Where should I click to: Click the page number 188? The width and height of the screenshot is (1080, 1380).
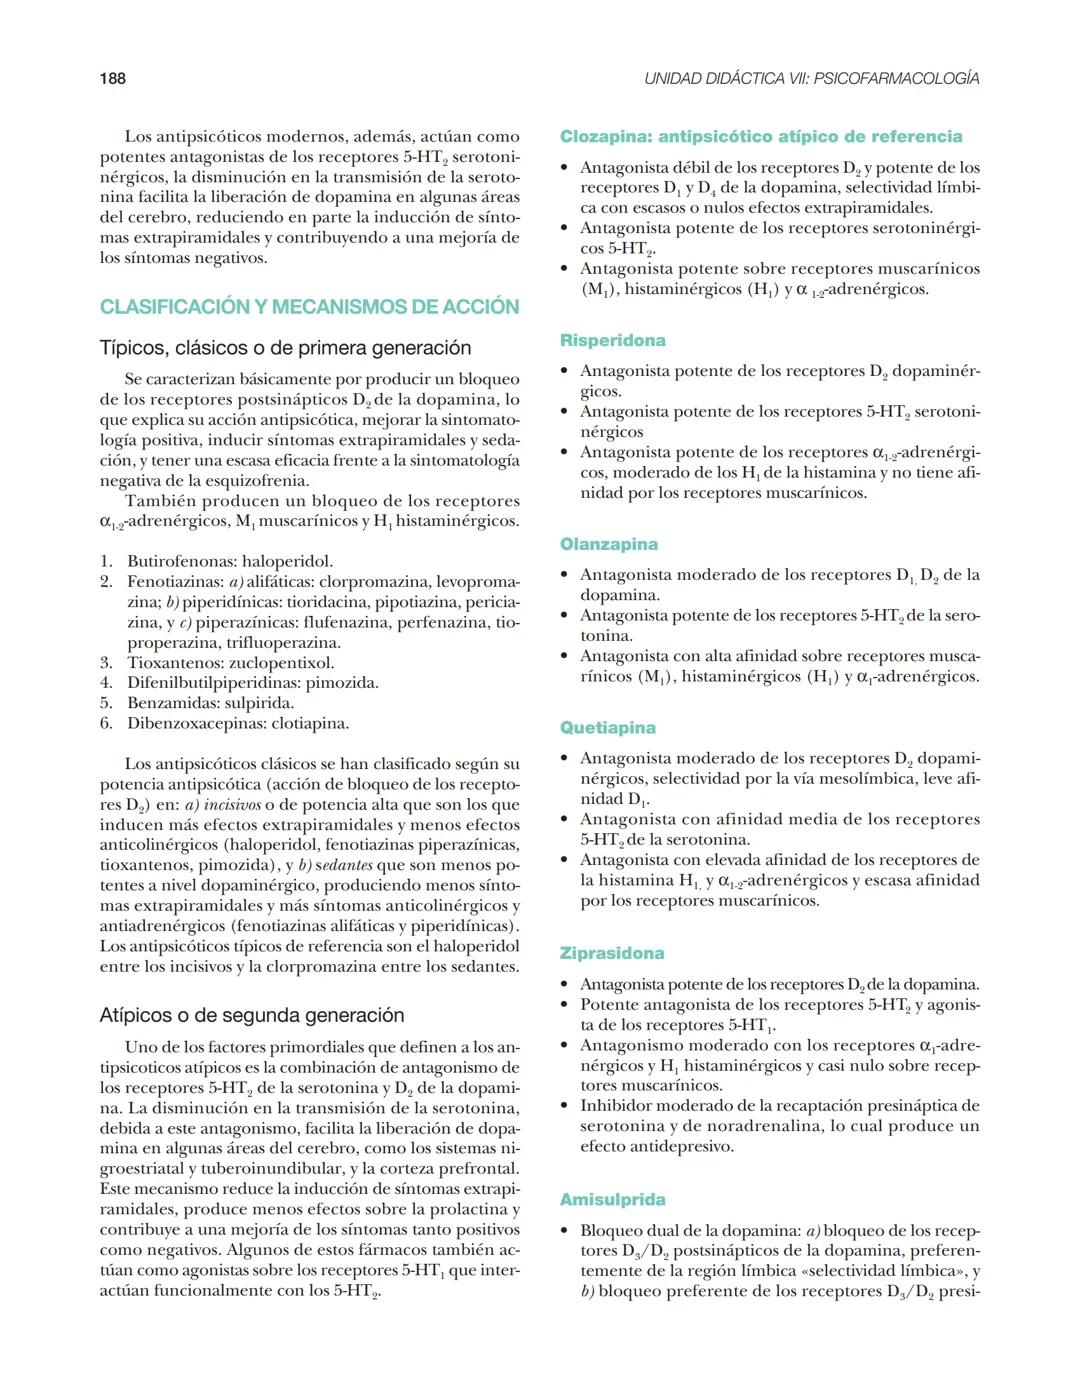coord(112,79)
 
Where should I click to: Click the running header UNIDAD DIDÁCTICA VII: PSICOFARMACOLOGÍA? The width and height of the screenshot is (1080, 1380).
coord(811,79)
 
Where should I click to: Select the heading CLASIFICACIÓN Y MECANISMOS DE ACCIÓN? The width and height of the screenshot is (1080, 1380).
coord(309,307)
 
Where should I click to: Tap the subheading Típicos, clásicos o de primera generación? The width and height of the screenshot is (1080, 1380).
coord(285,348)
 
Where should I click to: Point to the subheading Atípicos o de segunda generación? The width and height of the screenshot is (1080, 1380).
coord(252,1015)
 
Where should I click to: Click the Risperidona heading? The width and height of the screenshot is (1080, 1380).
coord(612,340)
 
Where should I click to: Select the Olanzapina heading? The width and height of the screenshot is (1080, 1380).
coord(608,544)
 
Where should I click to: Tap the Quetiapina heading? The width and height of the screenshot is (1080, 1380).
coord(607,728)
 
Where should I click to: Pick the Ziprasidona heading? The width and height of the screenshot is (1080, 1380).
coord(611,953)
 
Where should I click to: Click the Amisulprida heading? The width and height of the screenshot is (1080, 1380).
coord(612,1199)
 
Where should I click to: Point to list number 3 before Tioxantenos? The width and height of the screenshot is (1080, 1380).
coord(106,663)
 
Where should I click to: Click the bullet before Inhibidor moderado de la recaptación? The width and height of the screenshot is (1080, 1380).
coord(565,1106)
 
